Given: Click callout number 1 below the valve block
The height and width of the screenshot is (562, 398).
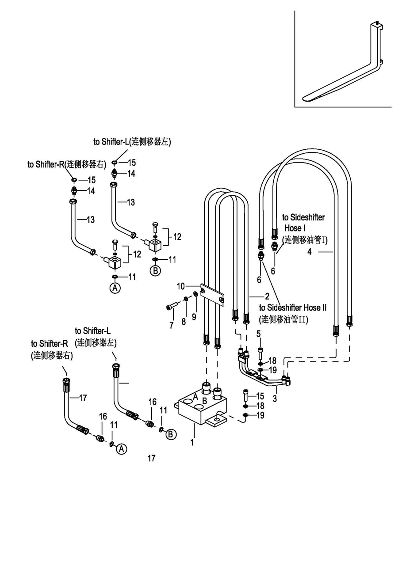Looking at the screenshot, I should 192,441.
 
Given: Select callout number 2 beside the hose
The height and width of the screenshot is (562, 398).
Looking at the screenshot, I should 267,296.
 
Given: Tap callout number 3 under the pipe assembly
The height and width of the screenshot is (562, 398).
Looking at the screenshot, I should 275,399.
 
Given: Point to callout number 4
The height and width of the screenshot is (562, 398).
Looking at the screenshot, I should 310,252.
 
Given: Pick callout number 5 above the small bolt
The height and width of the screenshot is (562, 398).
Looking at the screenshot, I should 259,334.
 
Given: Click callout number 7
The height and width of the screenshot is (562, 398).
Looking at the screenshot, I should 171,325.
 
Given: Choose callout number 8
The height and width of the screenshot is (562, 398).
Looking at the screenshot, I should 184,322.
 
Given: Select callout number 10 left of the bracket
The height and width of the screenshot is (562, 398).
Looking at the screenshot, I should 181,286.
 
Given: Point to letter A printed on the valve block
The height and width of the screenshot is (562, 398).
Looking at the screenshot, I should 195,397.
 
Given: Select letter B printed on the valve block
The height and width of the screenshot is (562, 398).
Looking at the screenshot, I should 204,401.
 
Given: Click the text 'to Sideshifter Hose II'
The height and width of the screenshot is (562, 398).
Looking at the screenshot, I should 293,308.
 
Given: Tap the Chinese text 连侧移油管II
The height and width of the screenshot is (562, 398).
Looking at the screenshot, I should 283,319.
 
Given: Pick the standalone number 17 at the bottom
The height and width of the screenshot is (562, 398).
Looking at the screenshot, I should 151,458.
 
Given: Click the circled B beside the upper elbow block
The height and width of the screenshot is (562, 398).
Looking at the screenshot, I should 155,271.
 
